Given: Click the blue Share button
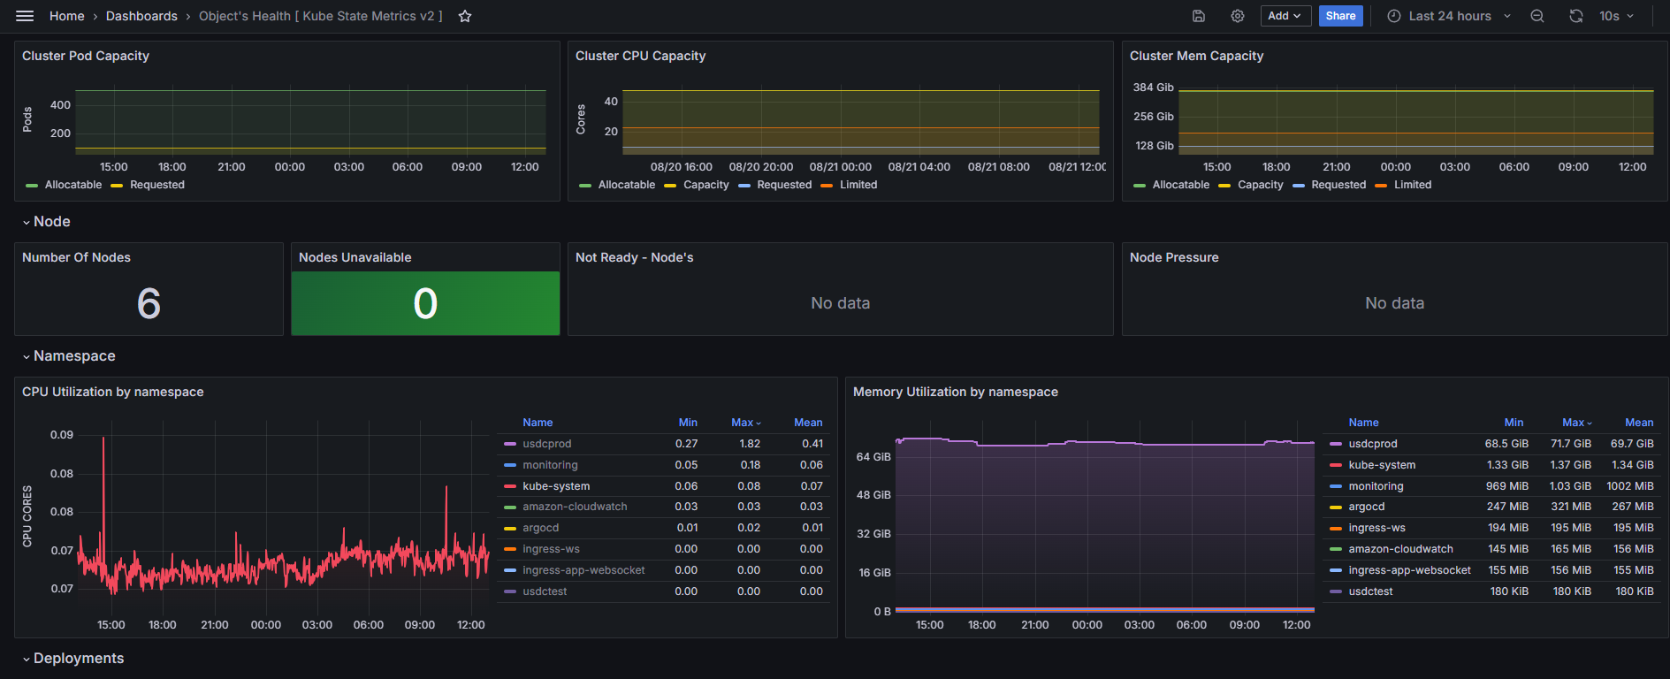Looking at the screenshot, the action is click(x=1340, y=16).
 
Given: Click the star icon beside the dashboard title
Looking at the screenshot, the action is click(x=465, y=16).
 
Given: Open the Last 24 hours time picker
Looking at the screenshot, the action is click(x=1449, y=16).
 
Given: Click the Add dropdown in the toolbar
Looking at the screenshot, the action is click(x=1285, y=16).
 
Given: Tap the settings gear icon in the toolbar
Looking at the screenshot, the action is click(x=1238, y=16).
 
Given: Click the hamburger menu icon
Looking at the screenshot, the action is click(x=25, y=16).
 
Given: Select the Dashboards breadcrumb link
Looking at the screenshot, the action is click(x=141, y=16).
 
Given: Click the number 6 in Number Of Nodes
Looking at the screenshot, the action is click(x=149, y=304).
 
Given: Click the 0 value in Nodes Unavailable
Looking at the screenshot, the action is click(x=425, y=304).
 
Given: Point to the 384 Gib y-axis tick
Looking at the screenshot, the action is click(x=1154, y=88).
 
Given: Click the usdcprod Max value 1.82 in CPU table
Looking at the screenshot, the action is click(x=750, y=444).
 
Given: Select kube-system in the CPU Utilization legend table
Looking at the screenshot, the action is click(x=556, y=486).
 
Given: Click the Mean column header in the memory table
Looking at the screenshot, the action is click(x=1639, y=423).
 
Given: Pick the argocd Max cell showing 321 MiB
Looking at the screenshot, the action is click(x=1571, y=507).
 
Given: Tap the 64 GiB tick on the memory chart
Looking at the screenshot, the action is click(x=873, y=457).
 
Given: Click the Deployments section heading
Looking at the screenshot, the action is click(x=79, y=659).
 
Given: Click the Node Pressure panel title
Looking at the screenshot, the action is click(x=1174, y=257).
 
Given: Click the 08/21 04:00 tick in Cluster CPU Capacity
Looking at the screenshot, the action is click(x=919, y=167).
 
